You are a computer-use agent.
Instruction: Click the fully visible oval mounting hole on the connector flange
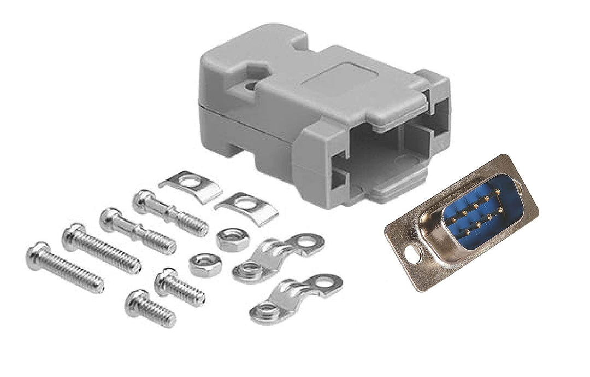[412, 253]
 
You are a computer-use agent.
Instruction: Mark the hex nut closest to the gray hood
[233, 239]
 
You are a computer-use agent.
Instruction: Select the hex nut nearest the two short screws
[205, 264]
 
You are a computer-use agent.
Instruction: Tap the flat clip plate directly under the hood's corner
[246, 206]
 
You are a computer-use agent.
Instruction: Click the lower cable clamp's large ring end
[326, 285]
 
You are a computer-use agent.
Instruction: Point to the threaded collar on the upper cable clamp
[250, 269]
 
